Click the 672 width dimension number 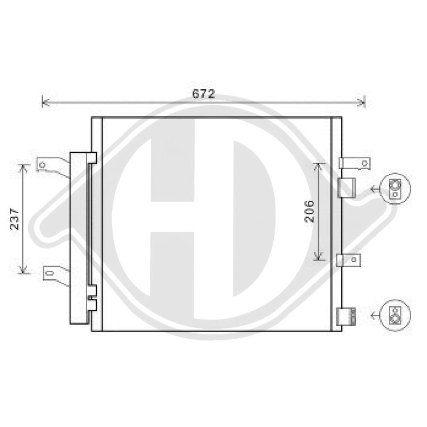point(203,94)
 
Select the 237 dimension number point(15,219)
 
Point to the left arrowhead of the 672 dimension point(44,102)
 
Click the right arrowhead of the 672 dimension point(363,102)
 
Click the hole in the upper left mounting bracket point(42,164)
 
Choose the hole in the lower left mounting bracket point(49,273)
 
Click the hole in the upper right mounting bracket point(364,163)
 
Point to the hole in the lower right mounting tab point(354,259)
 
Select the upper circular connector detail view point(395,189)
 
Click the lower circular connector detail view point(395,316)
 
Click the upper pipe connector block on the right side point(346,187)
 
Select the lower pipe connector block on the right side point(346,316)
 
